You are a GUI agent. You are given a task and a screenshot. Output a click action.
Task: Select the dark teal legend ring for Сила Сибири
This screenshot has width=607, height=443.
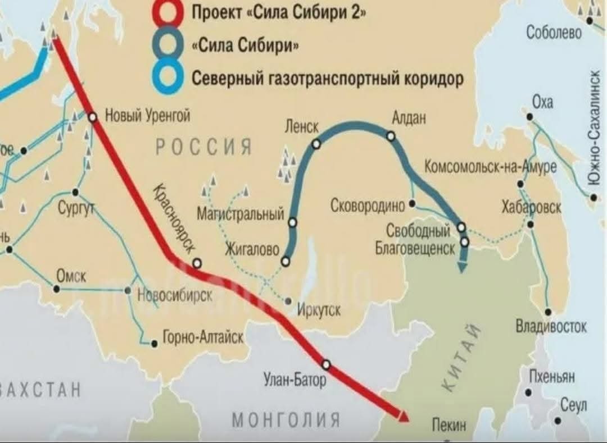tap(167, 45)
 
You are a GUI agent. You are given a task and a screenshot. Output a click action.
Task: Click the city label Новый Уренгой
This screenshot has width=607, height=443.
tap(148, 116)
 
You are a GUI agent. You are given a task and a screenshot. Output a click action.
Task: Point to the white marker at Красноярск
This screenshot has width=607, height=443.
tap(197, 263)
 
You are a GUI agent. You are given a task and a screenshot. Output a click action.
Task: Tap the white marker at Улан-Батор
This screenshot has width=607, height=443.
tap(326, 364)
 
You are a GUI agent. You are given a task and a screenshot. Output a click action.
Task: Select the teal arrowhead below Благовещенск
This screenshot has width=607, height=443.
tap(462, 266)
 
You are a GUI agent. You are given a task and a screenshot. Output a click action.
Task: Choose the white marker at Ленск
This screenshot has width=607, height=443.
tap(316, 144)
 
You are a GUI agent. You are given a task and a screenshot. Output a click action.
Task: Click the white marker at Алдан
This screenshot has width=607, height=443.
tap(391, 136)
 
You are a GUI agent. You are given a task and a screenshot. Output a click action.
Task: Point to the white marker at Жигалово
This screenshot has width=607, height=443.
tap(286, 261)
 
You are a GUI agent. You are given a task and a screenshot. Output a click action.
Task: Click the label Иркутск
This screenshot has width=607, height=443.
tap(319, 308)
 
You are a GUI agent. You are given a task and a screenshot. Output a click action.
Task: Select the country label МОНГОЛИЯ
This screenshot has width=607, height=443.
tap(286, 419)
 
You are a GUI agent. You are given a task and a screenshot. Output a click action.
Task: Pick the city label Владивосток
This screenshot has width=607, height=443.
tap(551, 326)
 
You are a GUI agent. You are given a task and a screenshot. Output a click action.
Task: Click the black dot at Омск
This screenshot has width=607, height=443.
tap(56, 289)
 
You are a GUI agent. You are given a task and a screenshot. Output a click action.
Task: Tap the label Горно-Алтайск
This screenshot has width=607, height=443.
tap(203, 337)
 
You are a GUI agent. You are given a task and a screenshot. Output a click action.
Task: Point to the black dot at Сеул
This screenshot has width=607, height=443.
tap(558, 420)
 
